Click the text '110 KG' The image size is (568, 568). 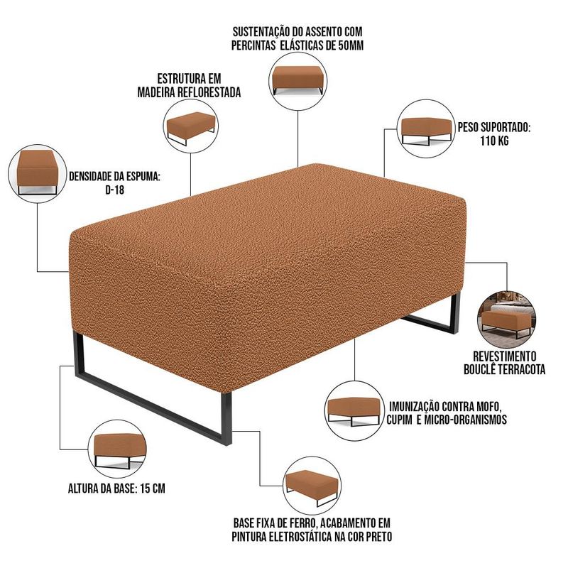[x=494, y=141]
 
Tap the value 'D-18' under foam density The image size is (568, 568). [x=114, y=190]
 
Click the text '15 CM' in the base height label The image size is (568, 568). [x=152, y=488]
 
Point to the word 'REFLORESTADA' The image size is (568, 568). [x=209, y=92]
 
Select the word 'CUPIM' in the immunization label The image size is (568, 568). [x=399, y=420]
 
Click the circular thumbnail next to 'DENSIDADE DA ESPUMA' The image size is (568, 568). [x=38, y=173]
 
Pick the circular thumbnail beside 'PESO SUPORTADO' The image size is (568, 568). [x=426, y=129]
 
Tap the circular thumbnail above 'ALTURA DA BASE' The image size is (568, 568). [x=118, y=449]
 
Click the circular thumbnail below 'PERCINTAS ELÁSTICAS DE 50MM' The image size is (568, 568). [x=297, y=81]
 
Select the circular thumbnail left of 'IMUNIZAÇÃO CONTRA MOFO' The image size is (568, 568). [x=354, y=410]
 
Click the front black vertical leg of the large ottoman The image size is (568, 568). [x=226, y=417]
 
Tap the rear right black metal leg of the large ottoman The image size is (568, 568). [x=456, y=312]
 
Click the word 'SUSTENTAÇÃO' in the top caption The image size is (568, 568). [x=263, y=32]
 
